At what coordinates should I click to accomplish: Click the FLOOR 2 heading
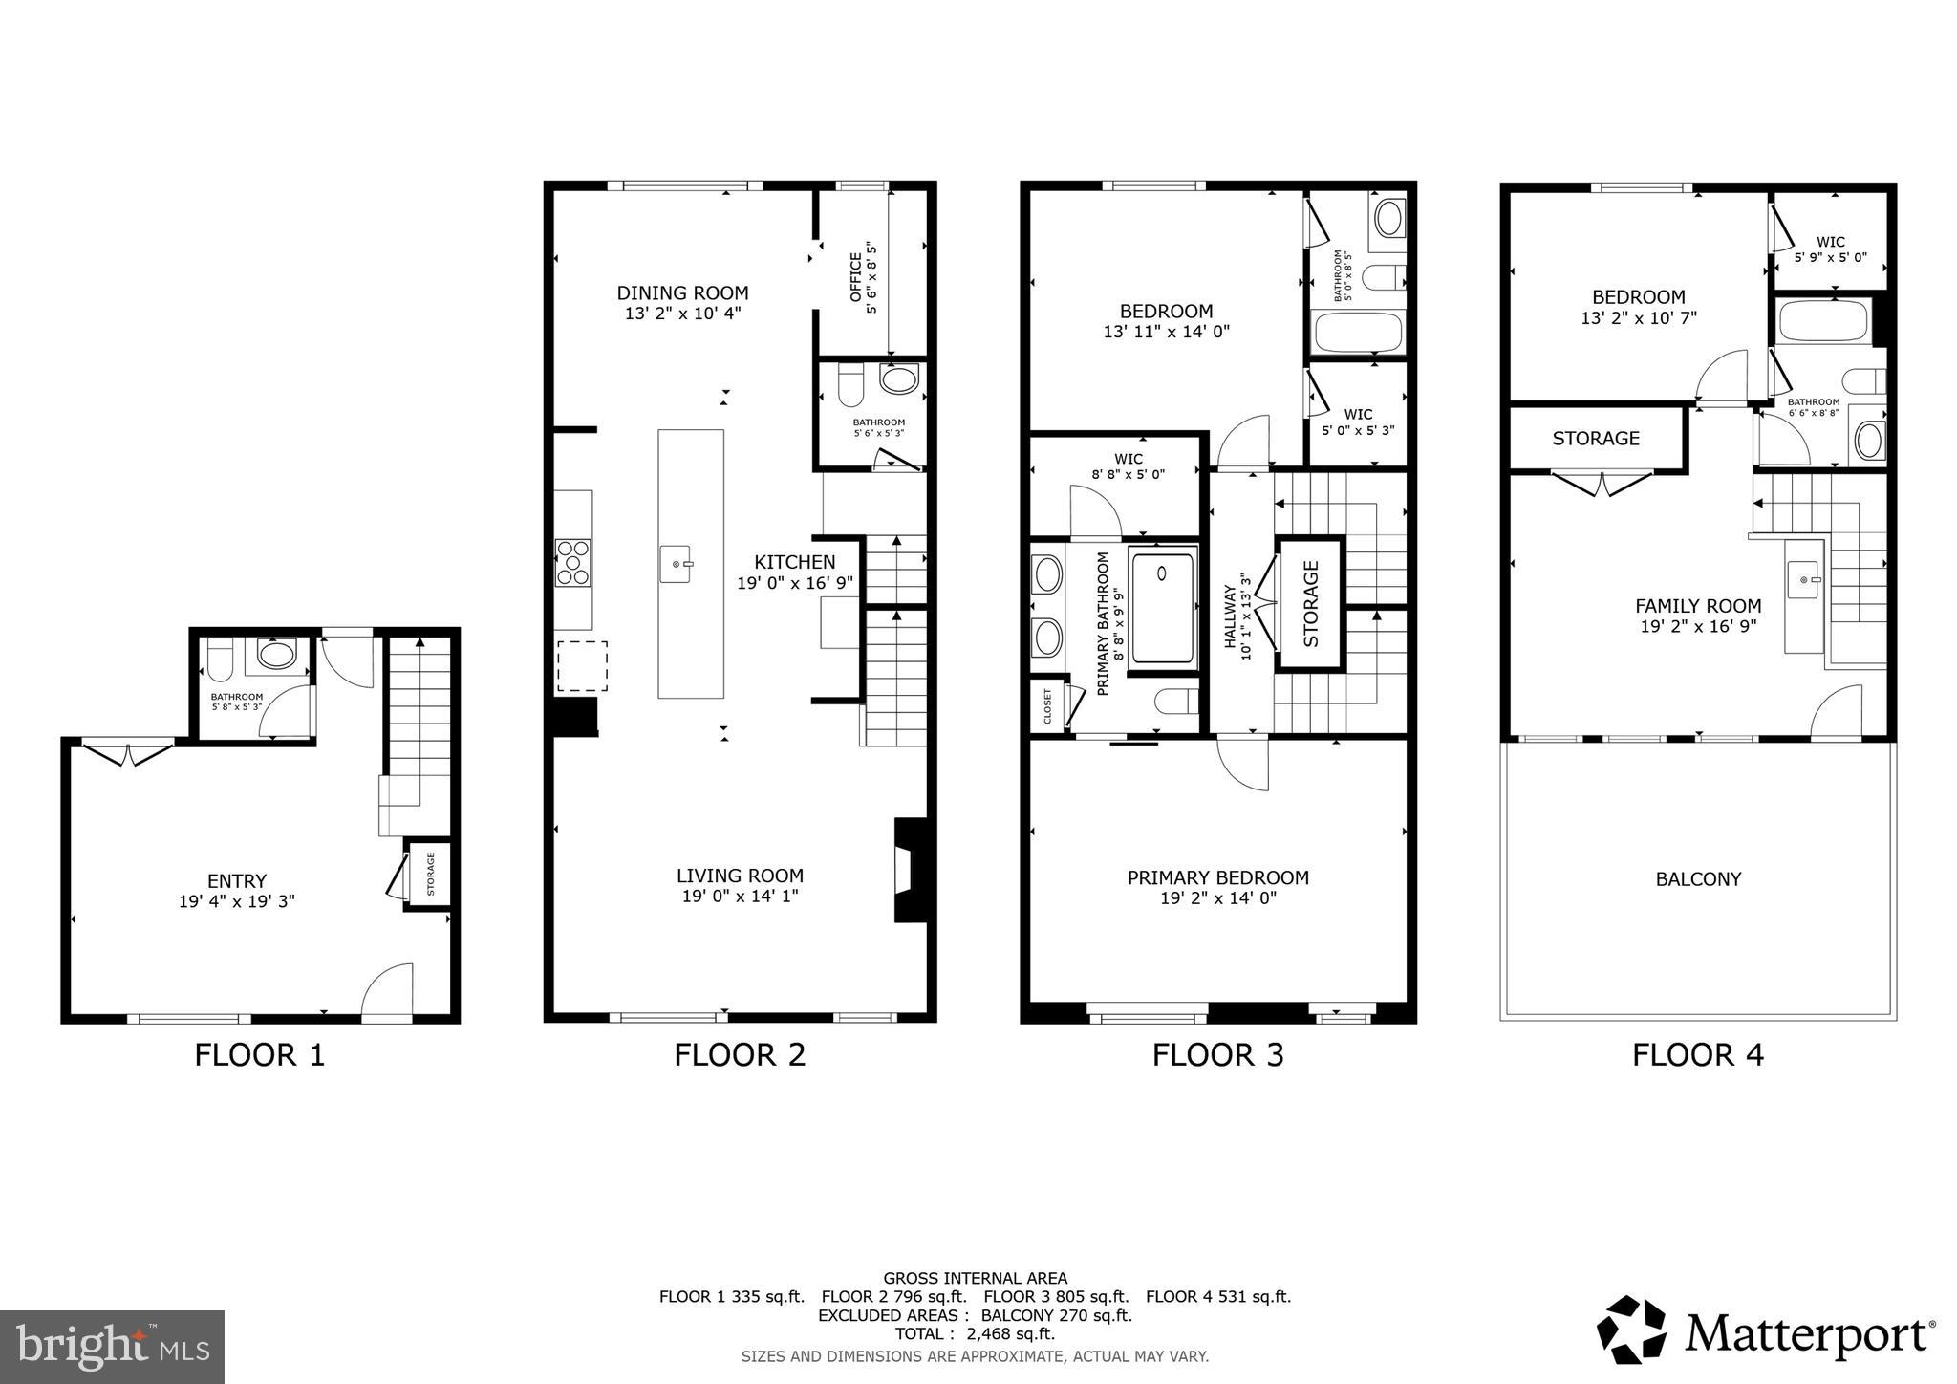point(740,1054)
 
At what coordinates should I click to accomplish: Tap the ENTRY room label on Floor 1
point(237,881)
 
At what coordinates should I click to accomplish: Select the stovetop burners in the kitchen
point(573,563)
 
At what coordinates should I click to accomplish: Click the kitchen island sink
point(677,563)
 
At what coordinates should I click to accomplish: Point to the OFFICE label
point(856,276)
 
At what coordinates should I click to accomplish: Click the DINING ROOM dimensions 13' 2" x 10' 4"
point(682,314)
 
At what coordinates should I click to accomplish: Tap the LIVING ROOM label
point(740,876)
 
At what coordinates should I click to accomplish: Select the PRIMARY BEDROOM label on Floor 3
point(1217,877)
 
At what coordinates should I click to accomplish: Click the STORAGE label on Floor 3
point(1310,603)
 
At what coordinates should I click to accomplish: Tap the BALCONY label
point(1698,879)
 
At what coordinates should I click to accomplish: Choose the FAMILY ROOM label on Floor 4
point(1697,606)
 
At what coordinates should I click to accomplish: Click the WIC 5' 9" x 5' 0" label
point(1830,250)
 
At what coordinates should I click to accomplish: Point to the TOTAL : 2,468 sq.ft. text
point(975,1333)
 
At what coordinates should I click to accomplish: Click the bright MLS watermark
point(112,1348)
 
